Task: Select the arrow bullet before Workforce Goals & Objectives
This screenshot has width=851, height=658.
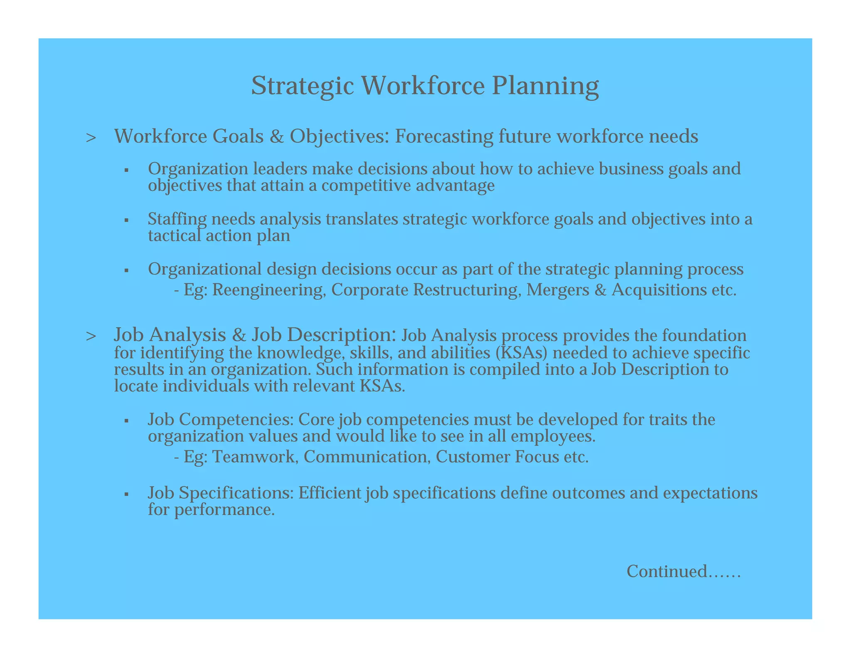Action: point(91,138)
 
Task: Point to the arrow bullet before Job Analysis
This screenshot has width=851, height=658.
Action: point(91,336)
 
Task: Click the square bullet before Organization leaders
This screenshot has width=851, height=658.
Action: point(126,171)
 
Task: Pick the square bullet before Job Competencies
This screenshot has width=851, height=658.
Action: point(126,421)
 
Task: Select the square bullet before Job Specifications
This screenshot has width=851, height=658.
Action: point(126,495)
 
